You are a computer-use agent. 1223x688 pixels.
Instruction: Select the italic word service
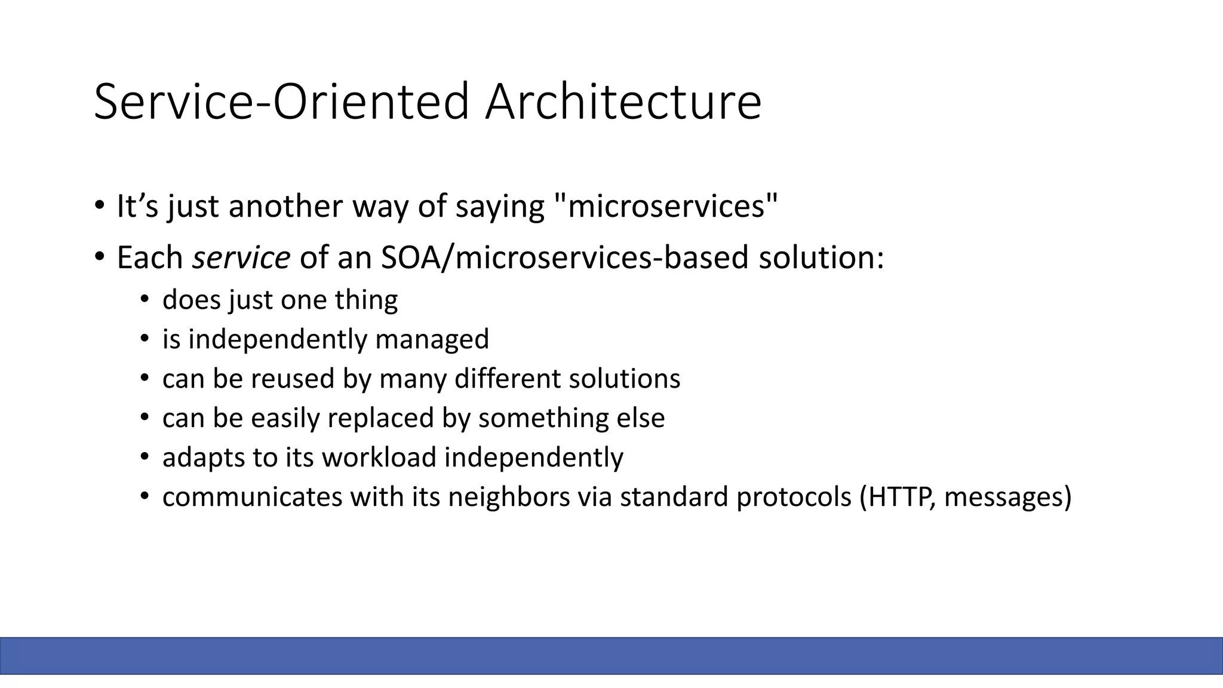point(241,257)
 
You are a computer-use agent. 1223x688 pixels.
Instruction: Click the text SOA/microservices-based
point(564,257)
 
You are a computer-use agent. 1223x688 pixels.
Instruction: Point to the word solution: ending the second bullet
point(821,257)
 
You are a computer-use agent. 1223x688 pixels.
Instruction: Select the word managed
point(432,339)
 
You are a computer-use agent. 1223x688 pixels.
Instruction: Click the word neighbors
point(509,497)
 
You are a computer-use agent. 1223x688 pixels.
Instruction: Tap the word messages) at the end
point(1008,497)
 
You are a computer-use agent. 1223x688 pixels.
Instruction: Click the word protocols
point(794,497)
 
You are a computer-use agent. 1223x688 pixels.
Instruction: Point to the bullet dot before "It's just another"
point(99,207)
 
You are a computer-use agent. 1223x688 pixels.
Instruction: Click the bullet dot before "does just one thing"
point(145,300)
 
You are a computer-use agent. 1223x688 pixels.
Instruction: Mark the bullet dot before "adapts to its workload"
point(145,457)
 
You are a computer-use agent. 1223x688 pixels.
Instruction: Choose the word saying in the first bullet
point(500,206)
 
